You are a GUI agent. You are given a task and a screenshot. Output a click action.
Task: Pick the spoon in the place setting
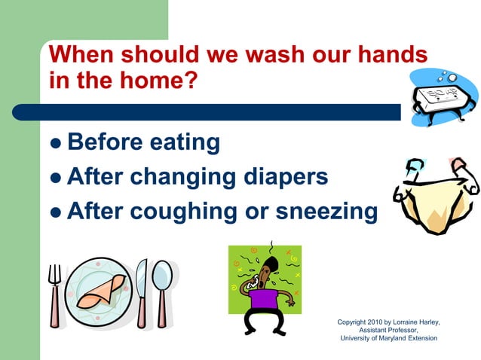[162, 289]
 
